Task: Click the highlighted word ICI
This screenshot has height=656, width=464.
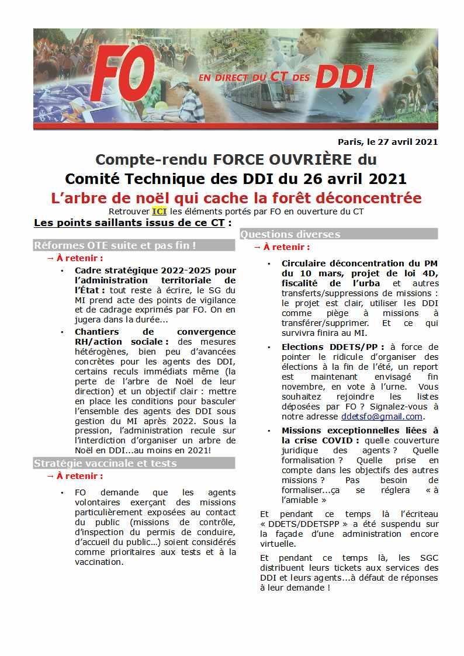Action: coord(159,211)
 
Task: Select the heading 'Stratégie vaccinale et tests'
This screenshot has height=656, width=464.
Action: coord(105,463)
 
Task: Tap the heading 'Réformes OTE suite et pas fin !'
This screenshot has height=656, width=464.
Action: coord(115,245)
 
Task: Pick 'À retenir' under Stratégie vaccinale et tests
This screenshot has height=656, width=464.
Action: coord(79,476)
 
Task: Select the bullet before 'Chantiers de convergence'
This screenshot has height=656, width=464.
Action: coord(63,332)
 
